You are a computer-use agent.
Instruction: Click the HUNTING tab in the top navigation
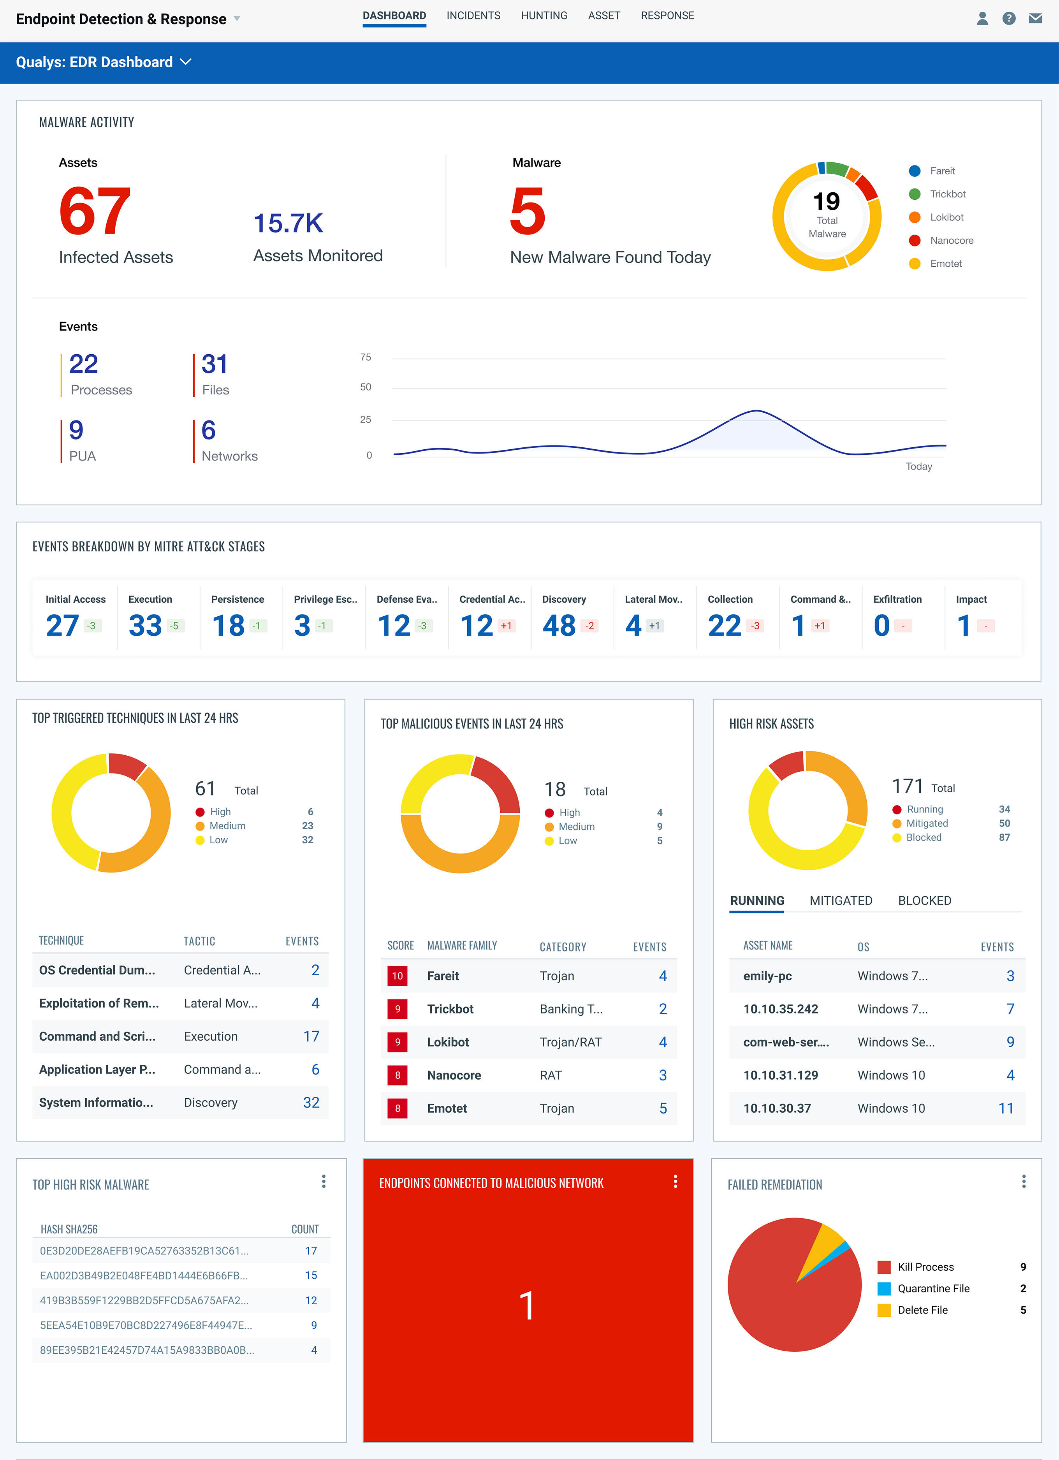coord(544,16)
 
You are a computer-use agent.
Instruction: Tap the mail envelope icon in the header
coord(1035,18)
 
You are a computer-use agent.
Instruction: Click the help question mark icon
coord(1009,18)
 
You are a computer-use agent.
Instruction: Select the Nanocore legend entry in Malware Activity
coord(951,240)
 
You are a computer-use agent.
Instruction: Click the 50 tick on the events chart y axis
coord(366,387)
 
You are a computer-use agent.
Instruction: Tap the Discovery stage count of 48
coord(559,625)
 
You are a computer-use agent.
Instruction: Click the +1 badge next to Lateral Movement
coord(654,626)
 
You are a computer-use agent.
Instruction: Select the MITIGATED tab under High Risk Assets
coord(841,901)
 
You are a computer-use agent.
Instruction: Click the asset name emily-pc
coord(767,976)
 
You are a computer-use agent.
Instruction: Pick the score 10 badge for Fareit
coord(397,976)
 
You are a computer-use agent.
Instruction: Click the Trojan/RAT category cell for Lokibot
coord(570,1042)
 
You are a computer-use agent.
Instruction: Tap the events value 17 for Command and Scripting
coord(311,1036)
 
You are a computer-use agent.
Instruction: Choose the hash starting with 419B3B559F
coord(144,1300)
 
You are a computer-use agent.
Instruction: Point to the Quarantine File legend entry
coord(933,1288)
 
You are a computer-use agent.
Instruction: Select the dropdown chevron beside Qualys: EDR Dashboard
coord(186,62)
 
